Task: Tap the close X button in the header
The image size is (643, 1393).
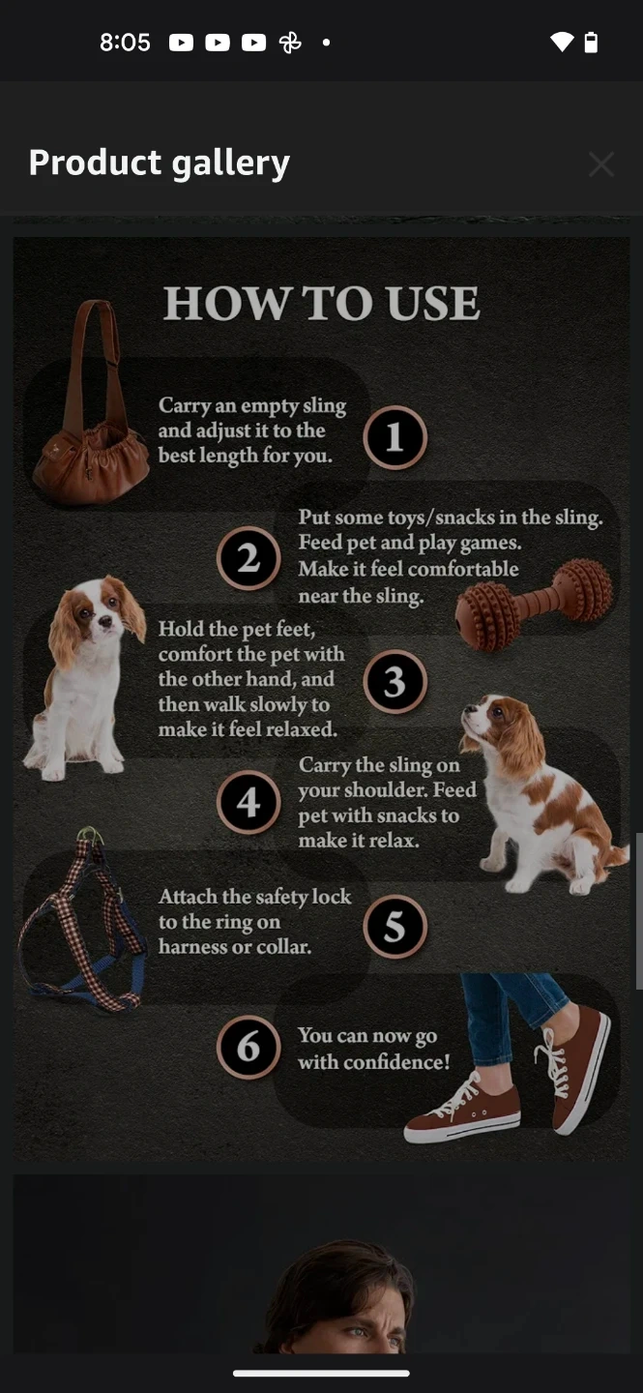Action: (601, 164)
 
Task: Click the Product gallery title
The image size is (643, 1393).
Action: (160, 163)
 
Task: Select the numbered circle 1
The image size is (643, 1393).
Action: (395, 437)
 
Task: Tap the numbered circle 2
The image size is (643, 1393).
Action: (248, 558)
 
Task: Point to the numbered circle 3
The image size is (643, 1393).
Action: (395, 682)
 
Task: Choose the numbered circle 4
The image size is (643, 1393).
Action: (248, 802)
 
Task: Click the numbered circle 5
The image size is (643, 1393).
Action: (395, 926)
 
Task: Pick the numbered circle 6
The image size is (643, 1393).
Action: (248, 1048)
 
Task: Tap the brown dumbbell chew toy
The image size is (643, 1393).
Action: (534, 604)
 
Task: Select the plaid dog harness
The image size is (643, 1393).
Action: (81, 919)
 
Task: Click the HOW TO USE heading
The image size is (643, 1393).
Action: (321, 304)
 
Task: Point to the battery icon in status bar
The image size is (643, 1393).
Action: (591, 43)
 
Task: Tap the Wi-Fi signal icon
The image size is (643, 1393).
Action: (562, 43)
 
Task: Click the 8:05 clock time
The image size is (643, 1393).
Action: (125, 43)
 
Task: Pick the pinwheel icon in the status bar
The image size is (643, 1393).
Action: (290, 43)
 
